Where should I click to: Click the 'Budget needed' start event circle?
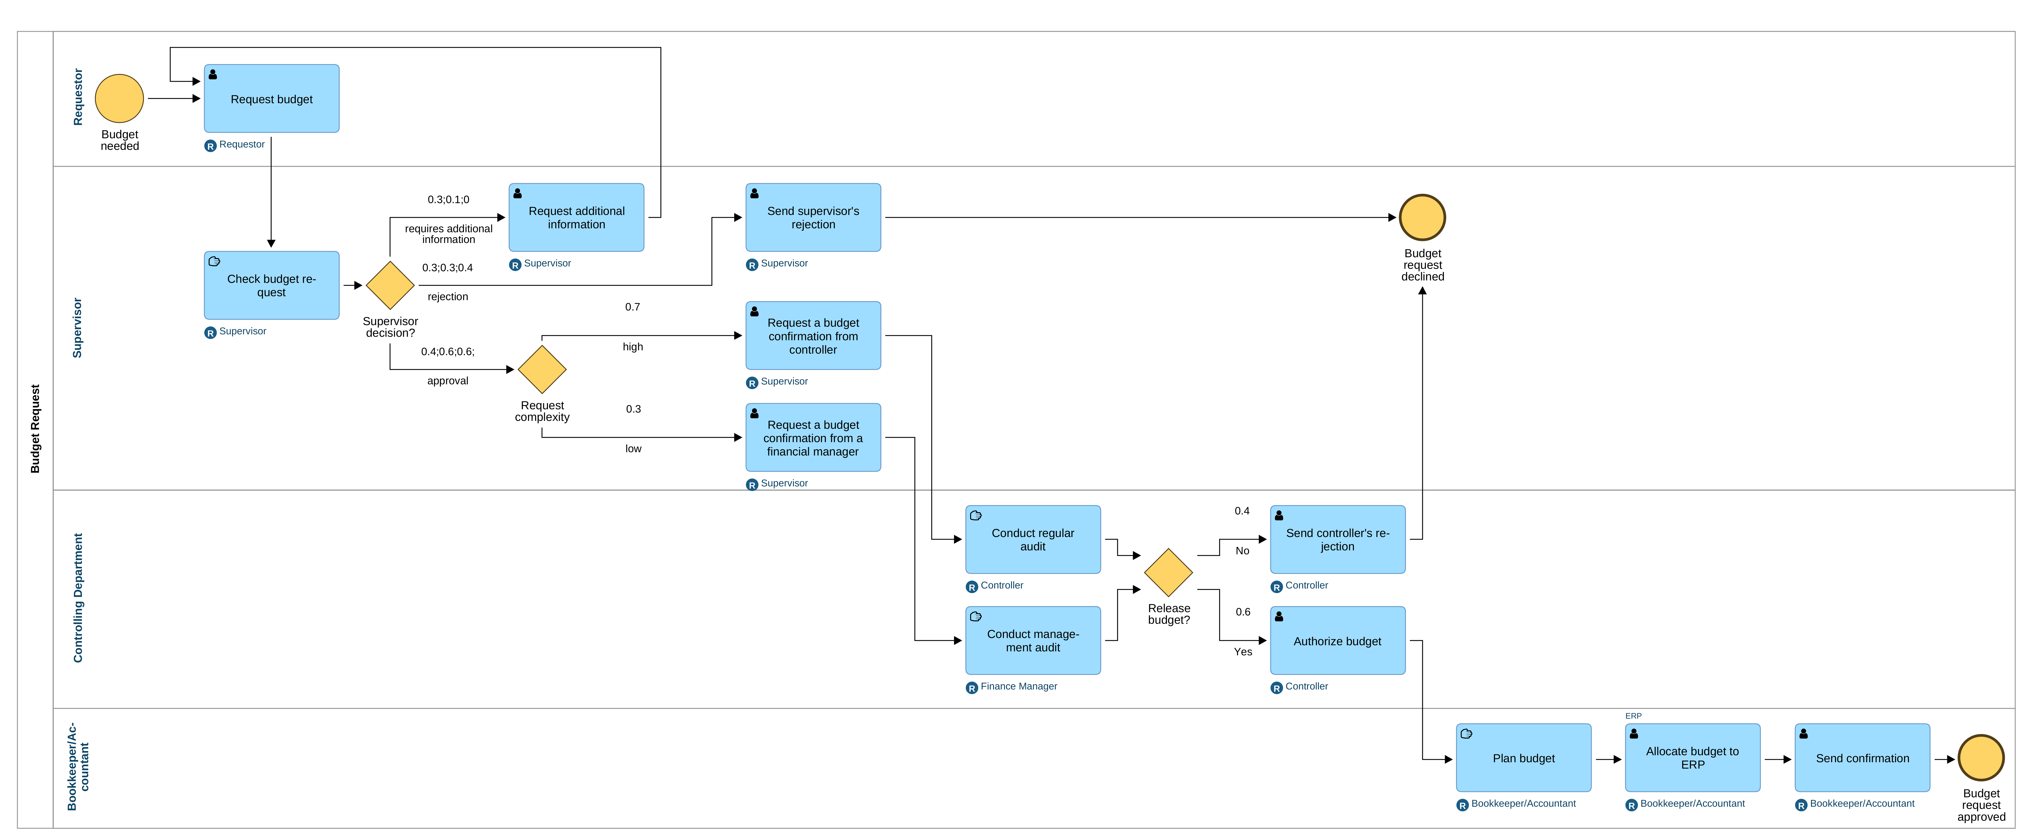119,98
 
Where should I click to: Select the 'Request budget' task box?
272,98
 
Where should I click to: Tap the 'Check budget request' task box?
272,285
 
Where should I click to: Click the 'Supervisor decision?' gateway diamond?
390,285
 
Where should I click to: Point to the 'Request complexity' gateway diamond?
542,369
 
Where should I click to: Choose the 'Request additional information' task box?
576,218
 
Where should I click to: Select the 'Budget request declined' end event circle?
1422,218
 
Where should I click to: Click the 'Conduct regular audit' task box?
1033,539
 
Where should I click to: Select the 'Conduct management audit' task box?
1033,640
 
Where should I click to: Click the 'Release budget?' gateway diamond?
1168,573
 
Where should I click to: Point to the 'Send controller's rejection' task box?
1338,539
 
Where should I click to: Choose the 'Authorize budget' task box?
1338,640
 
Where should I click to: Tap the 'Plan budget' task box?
1524,757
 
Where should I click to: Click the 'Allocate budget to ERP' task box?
1692,757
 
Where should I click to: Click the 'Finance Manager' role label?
1019,686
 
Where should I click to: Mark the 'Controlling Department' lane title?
78,598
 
